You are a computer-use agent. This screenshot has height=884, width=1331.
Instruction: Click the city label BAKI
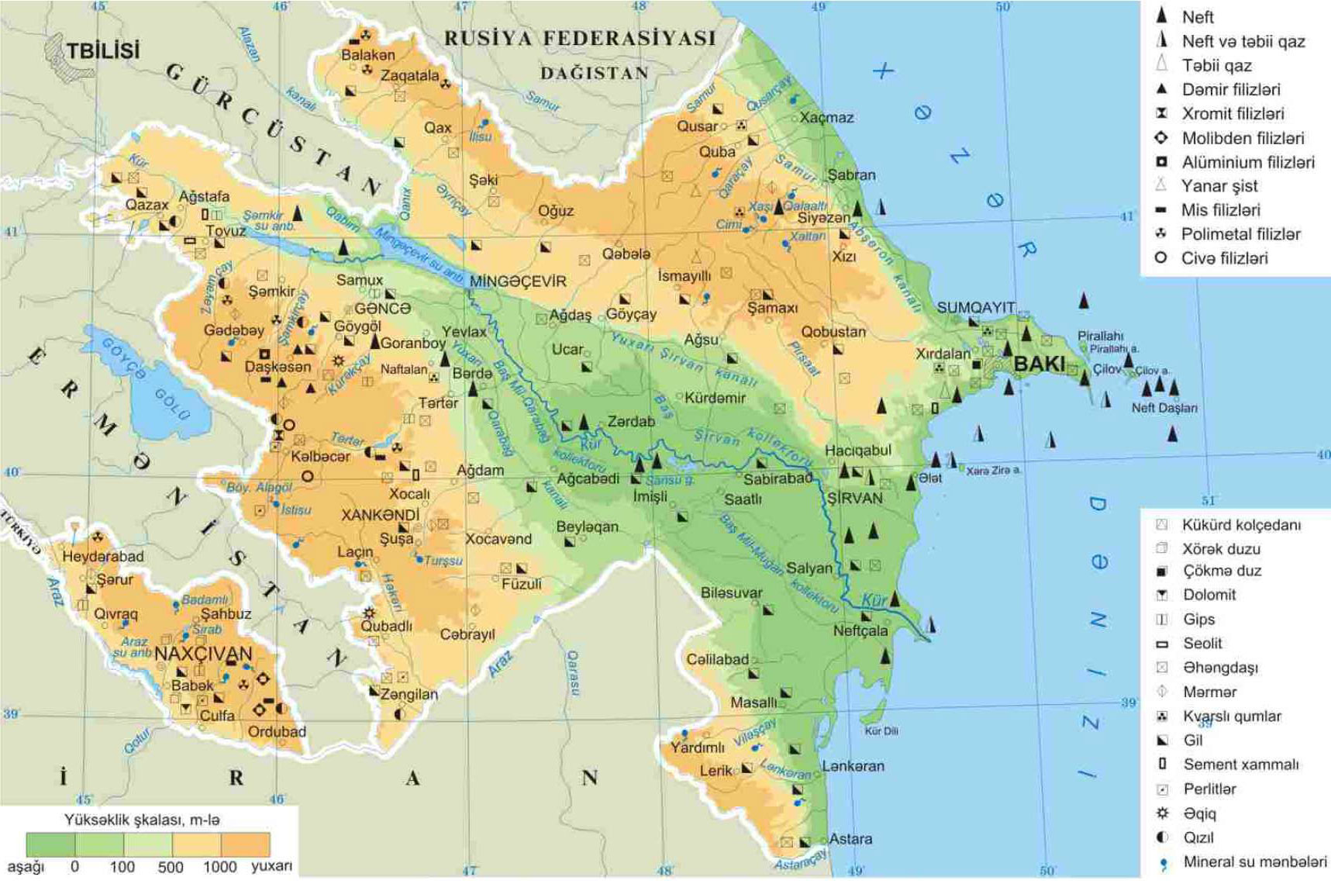(1039, 364)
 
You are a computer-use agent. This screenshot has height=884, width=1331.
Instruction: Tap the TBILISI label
(102, 51)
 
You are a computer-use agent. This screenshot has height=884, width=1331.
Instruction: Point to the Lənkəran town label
(853, 765)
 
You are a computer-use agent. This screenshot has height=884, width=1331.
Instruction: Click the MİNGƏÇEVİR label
(518, 281)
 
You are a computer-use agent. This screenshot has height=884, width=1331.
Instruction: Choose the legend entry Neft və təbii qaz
(1243, 41)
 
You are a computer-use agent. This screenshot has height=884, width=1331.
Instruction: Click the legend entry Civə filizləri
(1224, 258)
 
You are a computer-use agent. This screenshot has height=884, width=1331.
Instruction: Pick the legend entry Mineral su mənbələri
(1254, 862)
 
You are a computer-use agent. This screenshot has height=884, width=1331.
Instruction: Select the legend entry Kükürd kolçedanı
(1241, 525)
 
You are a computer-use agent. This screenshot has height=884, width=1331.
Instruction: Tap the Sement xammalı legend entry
(1240, 765)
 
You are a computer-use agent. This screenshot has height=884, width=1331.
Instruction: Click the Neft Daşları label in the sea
(1164, 408)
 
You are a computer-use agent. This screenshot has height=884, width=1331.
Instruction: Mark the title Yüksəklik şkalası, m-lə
(142, 820)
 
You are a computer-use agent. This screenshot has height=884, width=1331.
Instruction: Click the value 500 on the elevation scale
(171, 867)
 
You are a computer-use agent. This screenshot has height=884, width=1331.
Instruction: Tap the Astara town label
(850, 838)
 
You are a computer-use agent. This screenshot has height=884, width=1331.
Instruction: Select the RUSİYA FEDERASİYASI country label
(579, 39)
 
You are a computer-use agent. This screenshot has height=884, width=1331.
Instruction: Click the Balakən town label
(368, 55)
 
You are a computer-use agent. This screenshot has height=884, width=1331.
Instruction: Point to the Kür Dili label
(881, 730)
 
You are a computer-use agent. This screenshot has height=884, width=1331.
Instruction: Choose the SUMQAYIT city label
(975, 308)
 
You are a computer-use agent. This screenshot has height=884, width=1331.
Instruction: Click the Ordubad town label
(277, 731)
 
